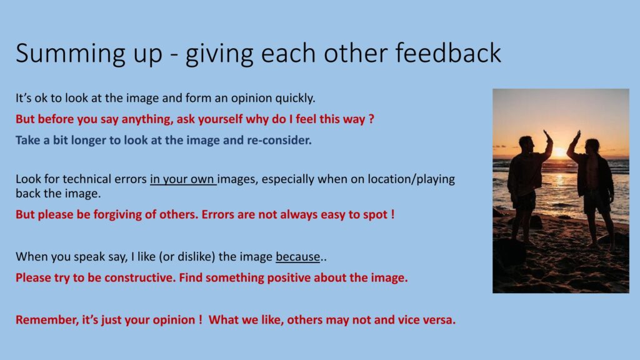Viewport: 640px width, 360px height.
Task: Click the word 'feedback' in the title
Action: [447, 52]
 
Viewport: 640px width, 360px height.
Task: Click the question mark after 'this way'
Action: [371, 119]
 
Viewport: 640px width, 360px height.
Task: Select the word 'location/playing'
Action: [411, 179]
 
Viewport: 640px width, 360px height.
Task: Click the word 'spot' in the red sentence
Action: [375, 215]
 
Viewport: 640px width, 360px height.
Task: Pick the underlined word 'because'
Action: [297, 256]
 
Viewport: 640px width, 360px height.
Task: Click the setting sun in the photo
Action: [560, 152]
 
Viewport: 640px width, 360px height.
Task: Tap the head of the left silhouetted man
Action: [526, 143]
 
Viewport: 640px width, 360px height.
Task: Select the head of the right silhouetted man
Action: [591, 146]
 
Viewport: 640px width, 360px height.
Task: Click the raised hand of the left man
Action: [546, 135]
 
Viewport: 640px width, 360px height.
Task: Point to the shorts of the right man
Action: [596, 202]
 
